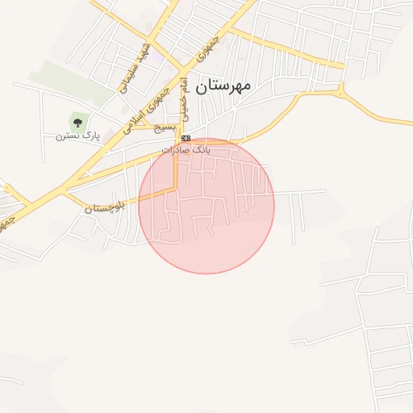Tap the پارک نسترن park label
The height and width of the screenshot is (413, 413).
tap(77, 136)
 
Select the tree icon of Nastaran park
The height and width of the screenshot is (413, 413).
tap(77, 123)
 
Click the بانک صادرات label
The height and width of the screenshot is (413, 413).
tap(186, 150)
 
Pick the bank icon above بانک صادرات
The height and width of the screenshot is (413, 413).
tap(186, 139)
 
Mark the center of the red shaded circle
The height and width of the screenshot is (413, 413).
tap(206, 206)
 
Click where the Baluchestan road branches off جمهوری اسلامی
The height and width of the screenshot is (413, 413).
tap(65, 194)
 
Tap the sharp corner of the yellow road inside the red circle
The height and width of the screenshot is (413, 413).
tap(176, 189)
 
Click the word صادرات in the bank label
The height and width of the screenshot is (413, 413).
tap(175, 150)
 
